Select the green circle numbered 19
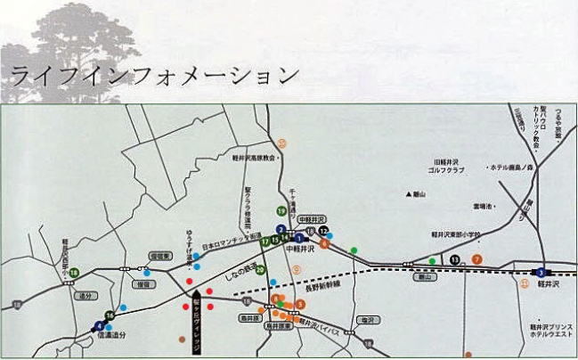pos(281,210)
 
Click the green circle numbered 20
pos(261,270)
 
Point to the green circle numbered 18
pos(75,272)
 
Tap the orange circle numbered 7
pos(477,259)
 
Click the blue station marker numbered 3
pos(540,272)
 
